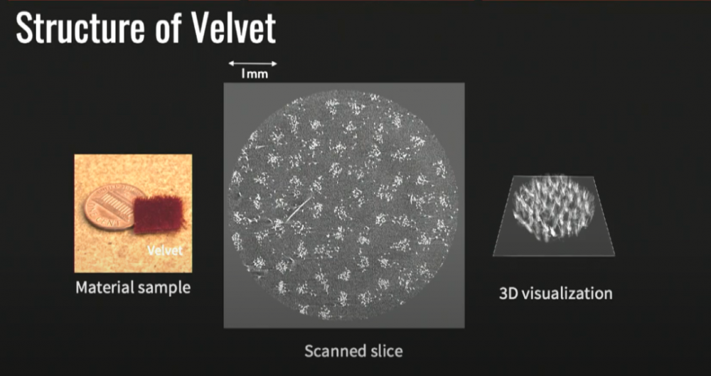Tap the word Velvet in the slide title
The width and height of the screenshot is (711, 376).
pos(232,29)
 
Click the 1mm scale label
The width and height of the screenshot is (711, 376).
pos(255,74)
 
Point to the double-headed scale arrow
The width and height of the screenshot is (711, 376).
pos(252,63)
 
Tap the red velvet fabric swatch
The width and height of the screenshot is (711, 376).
pos(159,214)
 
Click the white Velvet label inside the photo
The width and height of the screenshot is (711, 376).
pos(165,250)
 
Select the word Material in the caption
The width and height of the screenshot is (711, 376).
pos(105,288)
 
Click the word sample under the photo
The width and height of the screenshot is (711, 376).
pos(165,289)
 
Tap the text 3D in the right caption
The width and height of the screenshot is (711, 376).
pos(508,294)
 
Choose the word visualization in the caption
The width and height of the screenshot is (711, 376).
pos(567,294)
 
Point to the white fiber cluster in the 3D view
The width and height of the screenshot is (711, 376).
pos(553,208)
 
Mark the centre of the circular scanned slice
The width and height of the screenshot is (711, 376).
pos(344,205)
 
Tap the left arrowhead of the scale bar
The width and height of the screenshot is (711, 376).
pos(230,63)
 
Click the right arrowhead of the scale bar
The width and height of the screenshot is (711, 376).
pos(274,63)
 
